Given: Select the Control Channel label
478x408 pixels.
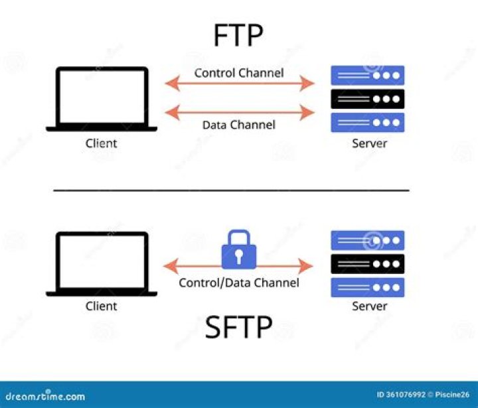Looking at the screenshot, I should point(239,72).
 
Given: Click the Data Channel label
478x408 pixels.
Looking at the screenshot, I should point(239,124).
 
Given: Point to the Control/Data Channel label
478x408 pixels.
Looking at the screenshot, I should point(239,283).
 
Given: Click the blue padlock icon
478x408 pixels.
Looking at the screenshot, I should point(239,249).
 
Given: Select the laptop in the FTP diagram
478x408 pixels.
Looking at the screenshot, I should point(102,99).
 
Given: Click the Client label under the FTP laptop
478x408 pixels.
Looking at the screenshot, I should point(102,143).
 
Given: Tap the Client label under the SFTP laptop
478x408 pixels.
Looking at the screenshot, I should point(102,306).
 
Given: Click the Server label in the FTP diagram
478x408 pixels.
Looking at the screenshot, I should point(369,143).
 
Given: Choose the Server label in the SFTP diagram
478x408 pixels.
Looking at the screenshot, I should point(369,306).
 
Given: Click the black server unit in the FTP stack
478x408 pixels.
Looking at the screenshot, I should point(368,99).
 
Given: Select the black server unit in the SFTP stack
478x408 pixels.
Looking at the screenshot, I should point(368,264).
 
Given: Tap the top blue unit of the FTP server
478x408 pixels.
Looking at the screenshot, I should point(368,75).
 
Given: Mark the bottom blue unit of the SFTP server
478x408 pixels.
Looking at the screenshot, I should point(368,287).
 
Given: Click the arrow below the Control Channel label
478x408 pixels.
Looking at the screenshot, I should point(239,84).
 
